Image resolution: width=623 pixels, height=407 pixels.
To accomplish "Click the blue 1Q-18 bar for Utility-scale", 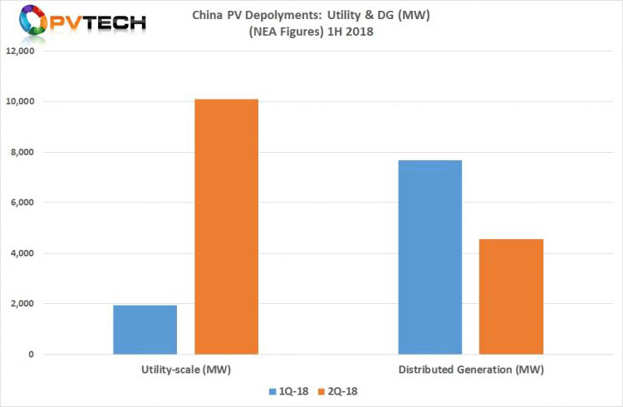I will (145, 330).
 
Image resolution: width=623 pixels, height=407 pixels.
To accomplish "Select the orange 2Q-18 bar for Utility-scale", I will (226, 227).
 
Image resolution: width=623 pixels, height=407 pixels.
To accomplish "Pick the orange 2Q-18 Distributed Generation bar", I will (512, 297).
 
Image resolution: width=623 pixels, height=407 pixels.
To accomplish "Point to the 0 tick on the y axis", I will (31, 355).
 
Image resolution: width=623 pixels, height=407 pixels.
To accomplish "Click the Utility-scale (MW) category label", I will (185, 368).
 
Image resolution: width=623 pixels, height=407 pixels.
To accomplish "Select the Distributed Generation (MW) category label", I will (470, 368).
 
